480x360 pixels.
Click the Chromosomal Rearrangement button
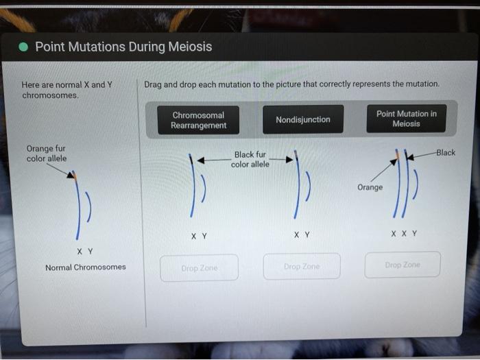(198, 121)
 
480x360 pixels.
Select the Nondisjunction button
(302, 120)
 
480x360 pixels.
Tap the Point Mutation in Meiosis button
(406, 119)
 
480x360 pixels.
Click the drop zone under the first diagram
(199, 268)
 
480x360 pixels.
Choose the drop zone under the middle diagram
(301, 266)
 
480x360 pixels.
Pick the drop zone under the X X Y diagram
(402, 265)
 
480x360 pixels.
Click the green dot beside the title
(23, 47)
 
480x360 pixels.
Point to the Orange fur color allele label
(46, 154)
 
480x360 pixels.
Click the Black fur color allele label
(250, 160)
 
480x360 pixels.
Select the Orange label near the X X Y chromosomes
(370, 187)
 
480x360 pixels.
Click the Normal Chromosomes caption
(85, 267)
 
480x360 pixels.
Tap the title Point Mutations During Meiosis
(123, 47)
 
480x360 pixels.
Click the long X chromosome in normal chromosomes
(78, 206)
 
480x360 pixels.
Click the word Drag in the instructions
(153, 84)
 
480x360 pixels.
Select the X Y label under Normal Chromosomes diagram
(85, 251)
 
